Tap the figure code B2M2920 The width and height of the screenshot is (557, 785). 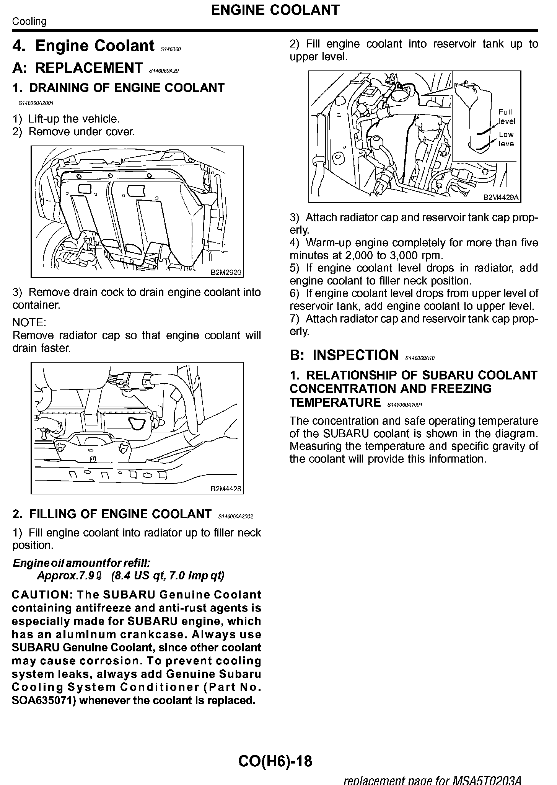coord(226,273)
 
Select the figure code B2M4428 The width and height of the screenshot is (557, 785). coord(226,489)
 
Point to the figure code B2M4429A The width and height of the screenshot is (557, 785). coord(501,198)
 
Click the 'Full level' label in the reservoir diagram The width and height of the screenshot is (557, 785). coord(506,116)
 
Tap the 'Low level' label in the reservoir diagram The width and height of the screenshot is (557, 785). coord(507,139)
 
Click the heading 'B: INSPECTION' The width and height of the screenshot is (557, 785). coord(344,355)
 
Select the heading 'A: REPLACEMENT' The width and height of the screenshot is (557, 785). coord(77,68)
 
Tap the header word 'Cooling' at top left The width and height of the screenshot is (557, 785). coord(29,21)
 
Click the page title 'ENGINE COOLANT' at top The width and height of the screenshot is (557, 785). coord(275,10)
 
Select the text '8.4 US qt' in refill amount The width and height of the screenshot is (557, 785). coord(138,576)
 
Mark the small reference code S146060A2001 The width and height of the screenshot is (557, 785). coord(36,103)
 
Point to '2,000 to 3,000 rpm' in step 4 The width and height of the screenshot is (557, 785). coord(391,255)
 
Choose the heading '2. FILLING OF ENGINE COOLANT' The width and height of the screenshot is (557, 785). coord(112,514)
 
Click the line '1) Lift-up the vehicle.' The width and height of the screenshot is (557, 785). coord(66,119)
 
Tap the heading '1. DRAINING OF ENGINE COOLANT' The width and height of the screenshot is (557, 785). coord(119,88)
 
